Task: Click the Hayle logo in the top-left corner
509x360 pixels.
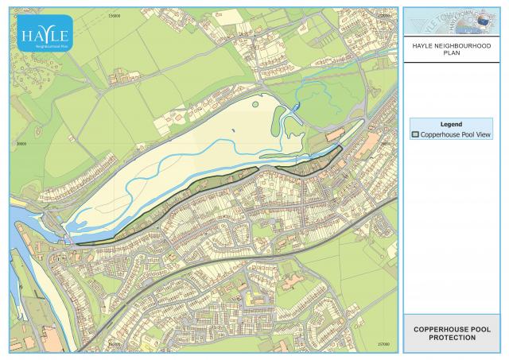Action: click(46, 33)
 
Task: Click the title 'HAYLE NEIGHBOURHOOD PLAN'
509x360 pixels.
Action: click(451, 51)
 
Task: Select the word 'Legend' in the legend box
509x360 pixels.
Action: click(451, 124)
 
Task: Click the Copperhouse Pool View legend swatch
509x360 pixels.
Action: click(415, 134)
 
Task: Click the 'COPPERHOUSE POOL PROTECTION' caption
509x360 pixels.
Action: click(451, 333)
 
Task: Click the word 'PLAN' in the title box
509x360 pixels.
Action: click(451, 56)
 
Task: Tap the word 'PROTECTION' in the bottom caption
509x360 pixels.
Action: click(451, 338)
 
